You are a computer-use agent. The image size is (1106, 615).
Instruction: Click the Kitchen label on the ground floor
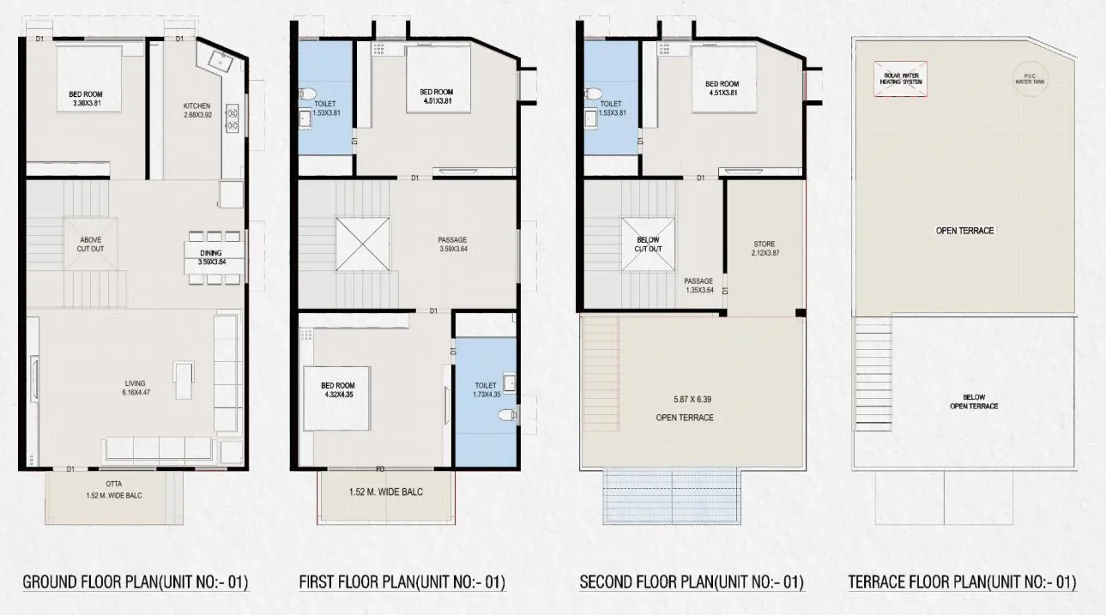(196, 111)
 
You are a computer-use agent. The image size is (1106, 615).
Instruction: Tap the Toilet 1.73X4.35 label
(486, 391)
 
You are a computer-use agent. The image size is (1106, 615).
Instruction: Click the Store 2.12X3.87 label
(763, 250)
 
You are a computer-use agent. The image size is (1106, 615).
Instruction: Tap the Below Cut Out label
(648, 244)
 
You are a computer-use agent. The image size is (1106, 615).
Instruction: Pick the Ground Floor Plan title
(135, 583)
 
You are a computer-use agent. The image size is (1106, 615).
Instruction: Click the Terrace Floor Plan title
(962, 583)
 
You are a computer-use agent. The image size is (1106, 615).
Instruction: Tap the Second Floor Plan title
(692, 583)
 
